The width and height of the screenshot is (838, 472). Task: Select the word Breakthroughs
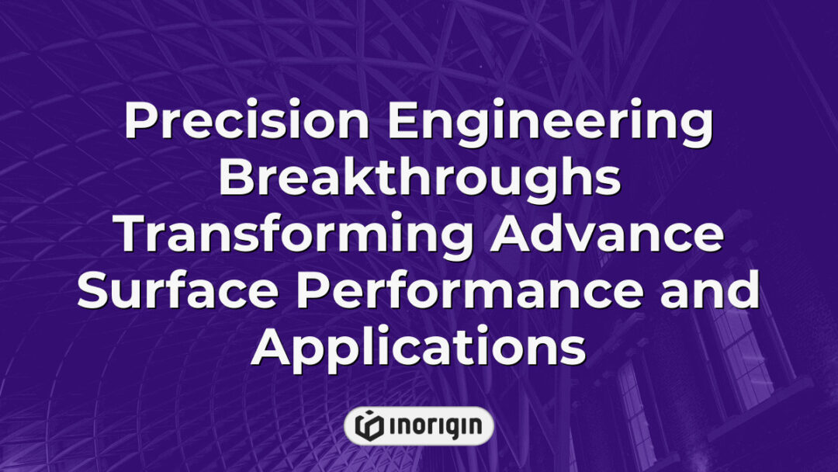(x=419, y=178)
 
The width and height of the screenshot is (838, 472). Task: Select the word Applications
(x=419, y=349)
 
